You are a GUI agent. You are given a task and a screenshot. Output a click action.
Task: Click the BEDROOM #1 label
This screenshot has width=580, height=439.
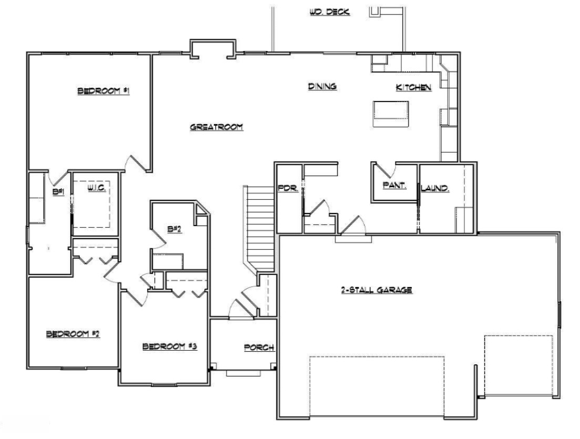[x=103, y=91]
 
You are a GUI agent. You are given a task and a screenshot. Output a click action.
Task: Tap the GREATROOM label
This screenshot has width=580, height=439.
[x=216, y=127]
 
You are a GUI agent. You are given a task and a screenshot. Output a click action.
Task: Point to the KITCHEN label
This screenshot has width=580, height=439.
[x=413, y=88]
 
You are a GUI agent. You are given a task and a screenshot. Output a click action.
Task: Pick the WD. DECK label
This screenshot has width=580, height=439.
[x=330, y=12]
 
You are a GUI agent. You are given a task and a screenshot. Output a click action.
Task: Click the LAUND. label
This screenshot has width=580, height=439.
[x=436, y=188]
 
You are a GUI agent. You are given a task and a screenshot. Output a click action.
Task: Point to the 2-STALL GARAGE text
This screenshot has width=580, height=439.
[x=376, y=290]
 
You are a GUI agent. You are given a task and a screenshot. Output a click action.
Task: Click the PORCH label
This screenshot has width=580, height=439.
[x=259, y=348]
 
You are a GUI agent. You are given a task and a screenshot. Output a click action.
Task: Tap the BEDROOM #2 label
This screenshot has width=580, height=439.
[x=73, y=334]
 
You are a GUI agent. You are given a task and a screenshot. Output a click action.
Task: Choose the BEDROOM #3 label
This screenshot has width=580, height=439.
[x=170, y=346]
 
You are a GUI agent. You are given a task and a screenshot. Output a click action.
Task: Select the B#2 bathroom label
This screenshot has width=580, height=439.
[x=173, y=229]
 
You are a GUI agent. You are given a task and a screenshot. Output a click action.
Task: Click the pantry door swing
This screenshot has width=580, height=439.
[x=385, y=170]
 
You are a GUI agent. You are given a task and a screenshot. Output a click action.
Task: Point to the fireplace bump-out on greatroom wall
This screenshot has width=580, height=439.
[x=212, y=49]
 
